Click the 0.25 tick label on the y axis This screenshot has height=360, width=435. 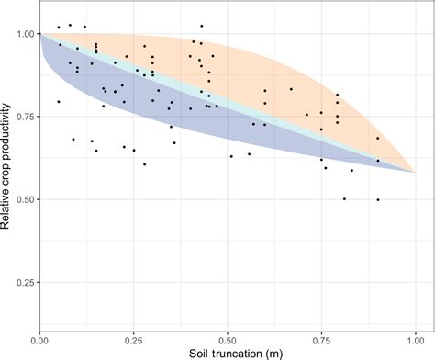(25, 282)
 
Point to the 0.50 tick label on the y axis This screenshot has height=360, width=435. (25, 199)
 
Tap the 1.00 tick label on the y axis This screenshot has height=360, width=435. (25, 34)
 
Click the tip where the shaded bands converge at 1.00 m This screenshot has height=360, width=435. (415, 172)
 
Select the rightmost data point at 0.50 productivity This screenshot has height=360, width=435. (377, 199)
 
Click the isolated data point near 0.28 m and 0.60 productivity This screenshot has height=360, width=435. (144, 164)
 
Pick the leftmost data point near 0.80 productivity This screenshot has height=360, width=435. (59, 102)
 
